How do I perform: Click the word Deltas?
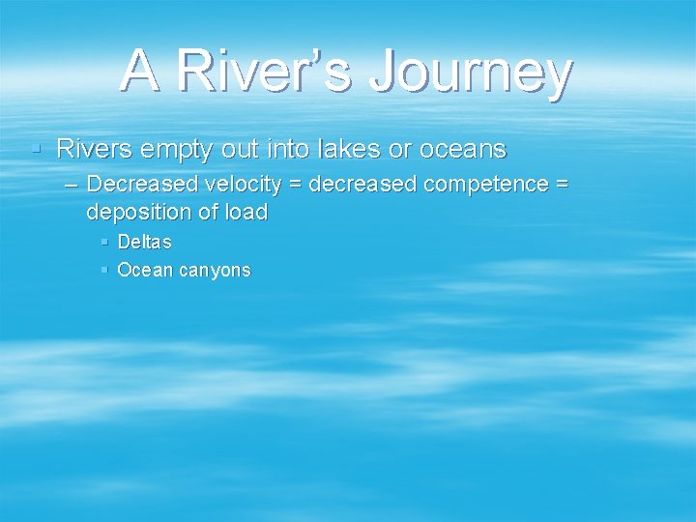[144, 242]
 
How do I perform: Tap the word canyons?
[214, 271]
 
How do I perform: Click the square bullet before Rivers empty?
[36, 150]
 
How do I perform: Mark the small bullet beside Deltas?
[104, 242]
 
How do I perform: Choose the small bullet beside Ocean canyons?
[104, 270]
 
